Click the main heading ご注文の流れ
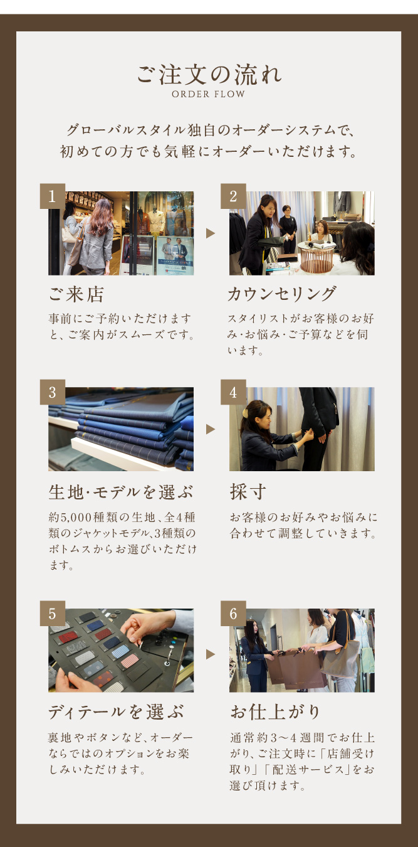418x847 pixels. pyautogui.click(x=209, y=74)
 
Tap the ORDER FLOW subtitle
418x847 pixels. pyautogui.click(x=209, y=94)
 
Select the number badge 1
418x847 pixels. pyautogui.click(x=53, y=196)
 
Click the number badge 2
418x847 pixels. pyautogui.click(x=233, y=196)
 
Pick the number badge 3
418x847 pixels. pyautogui.click(x=53, y=392)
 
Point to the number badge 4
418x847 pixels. pyautogui.click(x=233, y=392)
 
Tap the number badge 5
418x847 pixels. pyautogui.click(x=53, y=614)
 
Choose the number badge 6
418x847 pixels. pyautogui.click(x=233, y=614)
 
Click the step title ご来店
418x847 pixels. pyautogui.click(x=76, y=294)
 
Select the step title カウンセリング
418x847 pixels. pyautogui.click(x=281, y=294)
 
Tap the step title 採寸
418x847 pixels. pyautogui.click(x=248, y=492)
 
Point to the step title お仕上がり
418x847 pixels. pyautogui.click(x=275, y=711)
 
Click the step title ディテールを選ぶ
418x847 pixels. pyautogui.click(x=116, y=711)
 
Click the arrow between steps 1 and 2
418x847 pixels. pyautogui.click(x=211, y=233)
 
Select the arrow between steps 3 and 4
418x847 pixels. pyautogui.click(x=211, y=429)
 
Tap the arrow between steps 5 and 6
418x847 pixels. pyautogui.click(x=211, y=654)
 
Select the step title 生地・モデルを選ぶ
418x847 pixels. pyautogui.click(x=121, y=492)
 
